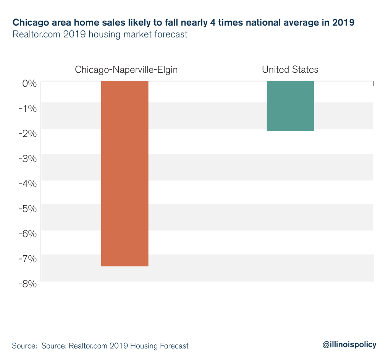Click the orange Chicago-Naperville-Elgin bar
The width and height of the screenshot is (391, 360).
click(x=124, y=174)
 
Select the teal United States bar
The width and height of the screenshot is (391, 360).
click(x=290, y=106)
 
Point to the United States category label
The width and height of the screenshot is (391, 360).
click(x=290, y=70)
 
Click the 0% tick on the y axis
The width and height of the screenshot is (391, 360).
click(x=28, y=83)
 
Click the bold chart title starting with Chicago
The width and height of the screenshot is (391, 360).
click(x=184, y=23)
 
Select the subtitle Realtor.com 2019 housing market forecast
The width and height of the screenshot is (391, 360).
click(x=100, y=34)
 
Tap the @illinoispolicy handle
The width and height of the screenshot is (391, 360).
click(x=349, y=345)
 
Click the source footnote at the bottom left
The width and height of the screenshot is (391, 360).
click(x=100, y=346)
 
